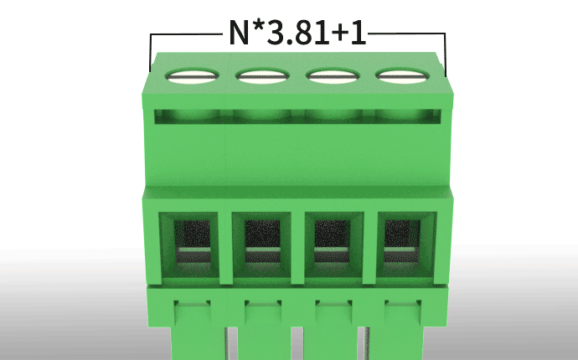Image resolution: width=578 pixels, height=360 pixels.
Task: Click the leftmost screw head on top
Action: (192, 76)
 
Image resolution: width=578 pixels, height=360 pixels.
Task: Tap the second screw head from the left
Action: (262, 76)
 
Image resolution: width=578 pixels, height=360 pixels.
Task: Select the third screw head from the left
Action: (333, 75)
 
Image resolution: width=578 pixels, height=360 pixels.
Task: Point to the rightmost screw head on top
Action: (403, 75)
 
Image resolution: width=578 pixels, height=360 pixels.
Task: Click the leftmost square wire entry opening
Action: (190, 244)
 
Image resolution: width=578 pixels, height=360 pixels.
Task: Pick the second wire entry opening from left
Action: (261, 244)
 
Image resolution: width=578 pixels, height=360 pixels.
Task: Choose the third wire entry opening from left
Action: (334, 244)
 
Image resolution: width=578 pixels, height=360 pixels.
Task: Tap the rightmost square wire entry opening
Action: (405, 244)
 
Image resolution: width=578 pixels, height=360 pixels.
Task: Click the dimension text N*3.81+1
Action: (297, 33)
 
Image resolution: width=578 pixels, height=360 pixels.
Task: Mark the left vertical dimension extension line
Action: (151, 53)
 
